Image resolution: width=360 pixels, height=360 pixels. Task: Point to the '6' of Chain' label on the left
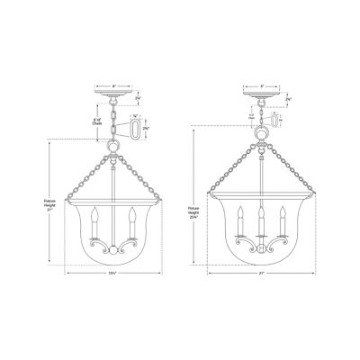96,122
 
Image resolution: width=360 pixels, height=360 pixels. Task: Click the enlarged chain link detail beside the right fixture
274,120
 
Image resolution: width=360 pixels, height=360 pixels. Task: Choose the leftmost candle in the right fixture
241,220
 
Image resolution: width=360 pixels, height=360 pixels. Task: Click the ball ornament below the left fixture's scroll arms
113,251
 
